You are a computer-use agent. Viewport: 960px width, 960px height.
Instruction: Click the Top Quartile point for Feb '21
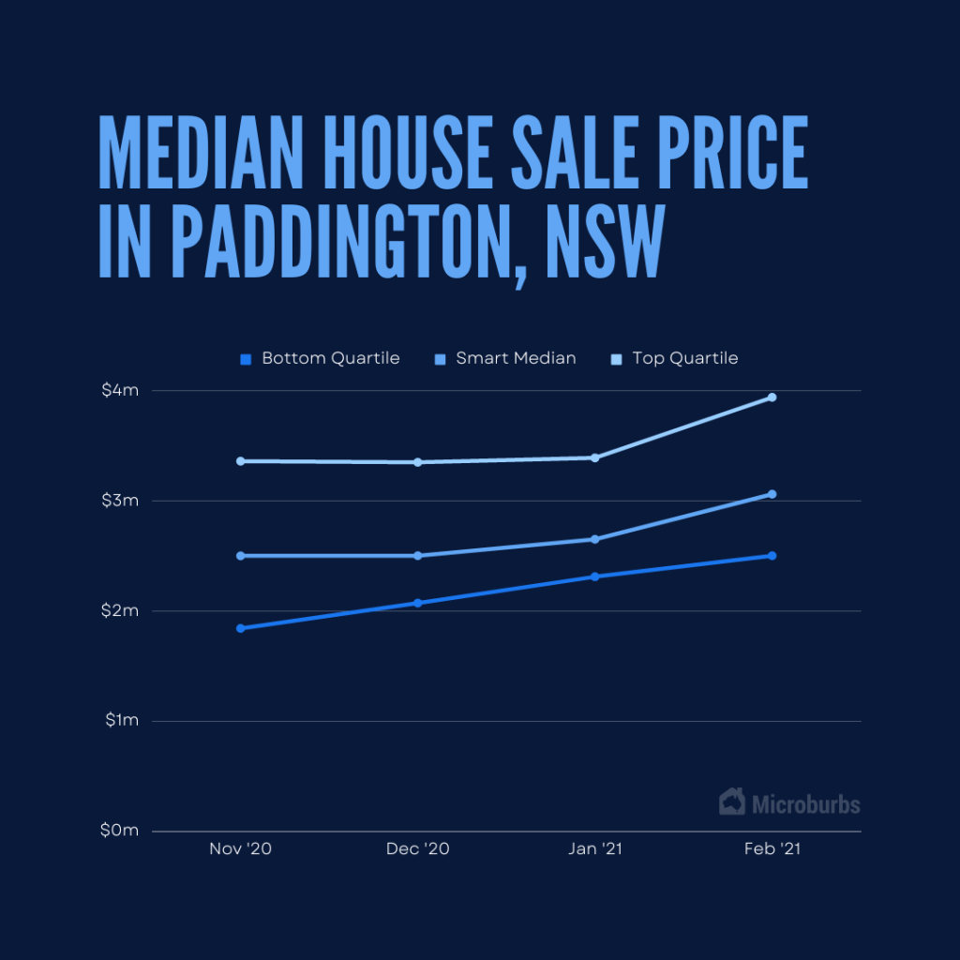click(x=772, y=397)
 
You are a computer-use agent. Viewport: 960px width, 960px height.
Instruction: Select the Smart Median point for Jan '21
click(x=594, y=539)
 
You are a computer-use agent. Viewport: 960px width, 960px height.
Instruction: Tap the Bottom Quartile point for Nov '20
click(x=241, y=628)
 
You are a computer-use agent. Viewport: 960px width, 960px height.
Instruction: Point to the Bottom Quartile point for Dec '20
click(x=418, y=603)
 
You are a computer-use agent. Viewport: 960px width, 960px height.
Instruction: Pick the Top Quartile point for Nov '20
click(x=241, y=461)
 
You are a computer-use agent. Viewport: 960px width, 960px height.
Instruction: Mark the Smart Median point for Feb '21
click(x=772, y=494)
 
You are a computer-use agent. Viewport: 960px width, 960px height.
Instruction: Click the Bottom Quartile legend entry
click(x=320, y=358)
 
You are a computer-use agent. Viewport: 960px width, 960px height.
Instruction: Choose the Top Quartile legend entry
click(x=674, y=358)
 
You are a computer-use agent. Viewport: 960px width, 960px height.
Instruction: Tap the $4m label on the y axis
click(x=120, y=390)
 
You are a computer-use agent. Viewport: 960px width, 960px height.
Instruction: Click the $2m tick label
click(x=120, y=610)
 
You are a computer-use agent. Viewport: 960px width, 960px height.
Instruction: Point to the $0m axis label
click(x=120, y=831)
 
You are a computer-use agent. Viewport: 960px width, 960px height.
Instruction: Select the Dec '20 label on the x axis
click(x=418, y=849)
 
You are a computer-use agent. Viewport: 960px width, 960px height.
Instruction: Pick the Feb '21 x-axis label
click(x=772, y=849)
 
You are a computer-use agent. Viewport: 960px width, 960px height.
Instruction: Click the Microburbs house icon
click(x=732, y=802)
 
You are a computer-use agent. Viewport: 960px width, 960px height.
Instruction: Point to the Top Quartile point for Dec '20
click(x=418, y=462)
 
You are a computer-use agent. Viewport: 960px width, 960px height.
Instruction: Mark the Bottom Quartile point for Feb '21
click(x=772, y=556)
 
